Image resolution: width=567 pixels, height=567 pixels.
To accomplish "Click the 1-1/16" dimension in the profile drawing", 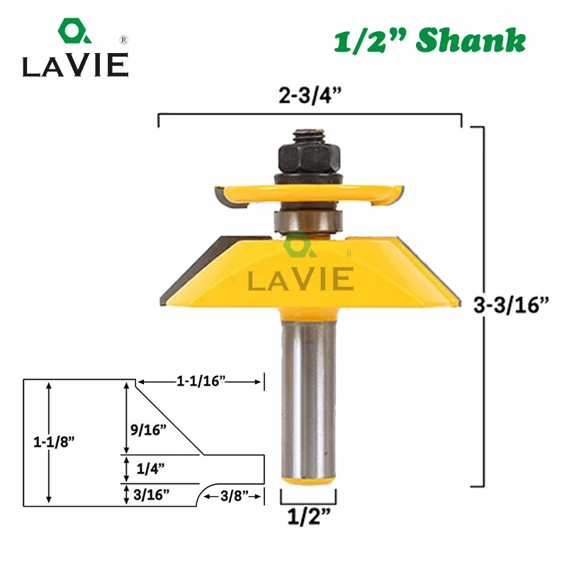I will [x=201, y=382].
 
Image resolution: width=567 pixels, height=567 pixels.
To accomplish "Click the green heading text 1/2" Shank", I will [x=430, y=41].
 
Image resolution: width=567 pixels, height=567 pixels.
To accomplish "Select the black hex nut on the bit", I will [x=306, y=152].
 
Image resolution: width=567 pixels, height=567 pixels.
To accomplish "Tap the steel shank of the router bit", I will [x=307, y=397].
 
